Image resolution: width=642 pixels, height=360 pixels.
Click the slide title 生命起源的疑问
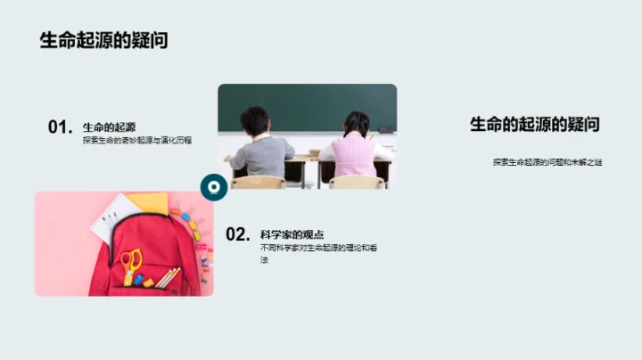103,40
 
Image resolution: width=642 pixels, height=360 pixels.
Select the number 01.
60,127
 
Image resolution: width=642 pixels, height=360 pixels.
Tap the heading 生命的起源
109,127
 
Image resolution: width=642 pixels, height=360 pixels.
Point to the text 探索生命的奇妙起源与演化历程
137,141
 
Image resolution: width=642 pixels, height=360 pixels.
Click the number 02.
237,234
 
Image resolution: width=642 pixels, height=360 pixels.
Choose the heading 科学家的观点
285,234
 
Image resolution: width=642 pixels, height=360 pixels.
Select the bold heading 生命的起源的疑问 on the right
534,125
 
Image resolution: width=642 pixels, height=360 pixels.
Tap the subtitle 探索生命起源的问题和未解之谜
547,162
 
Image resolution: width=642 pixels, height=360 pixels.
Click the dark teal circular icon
213,186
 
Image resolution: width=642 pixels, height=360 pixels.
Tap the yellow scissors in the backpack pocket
131,265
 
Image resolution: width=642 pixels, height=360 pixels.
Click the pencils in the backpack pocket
168,277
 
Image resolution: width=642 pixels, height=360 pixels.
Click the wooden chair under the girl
357,182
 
